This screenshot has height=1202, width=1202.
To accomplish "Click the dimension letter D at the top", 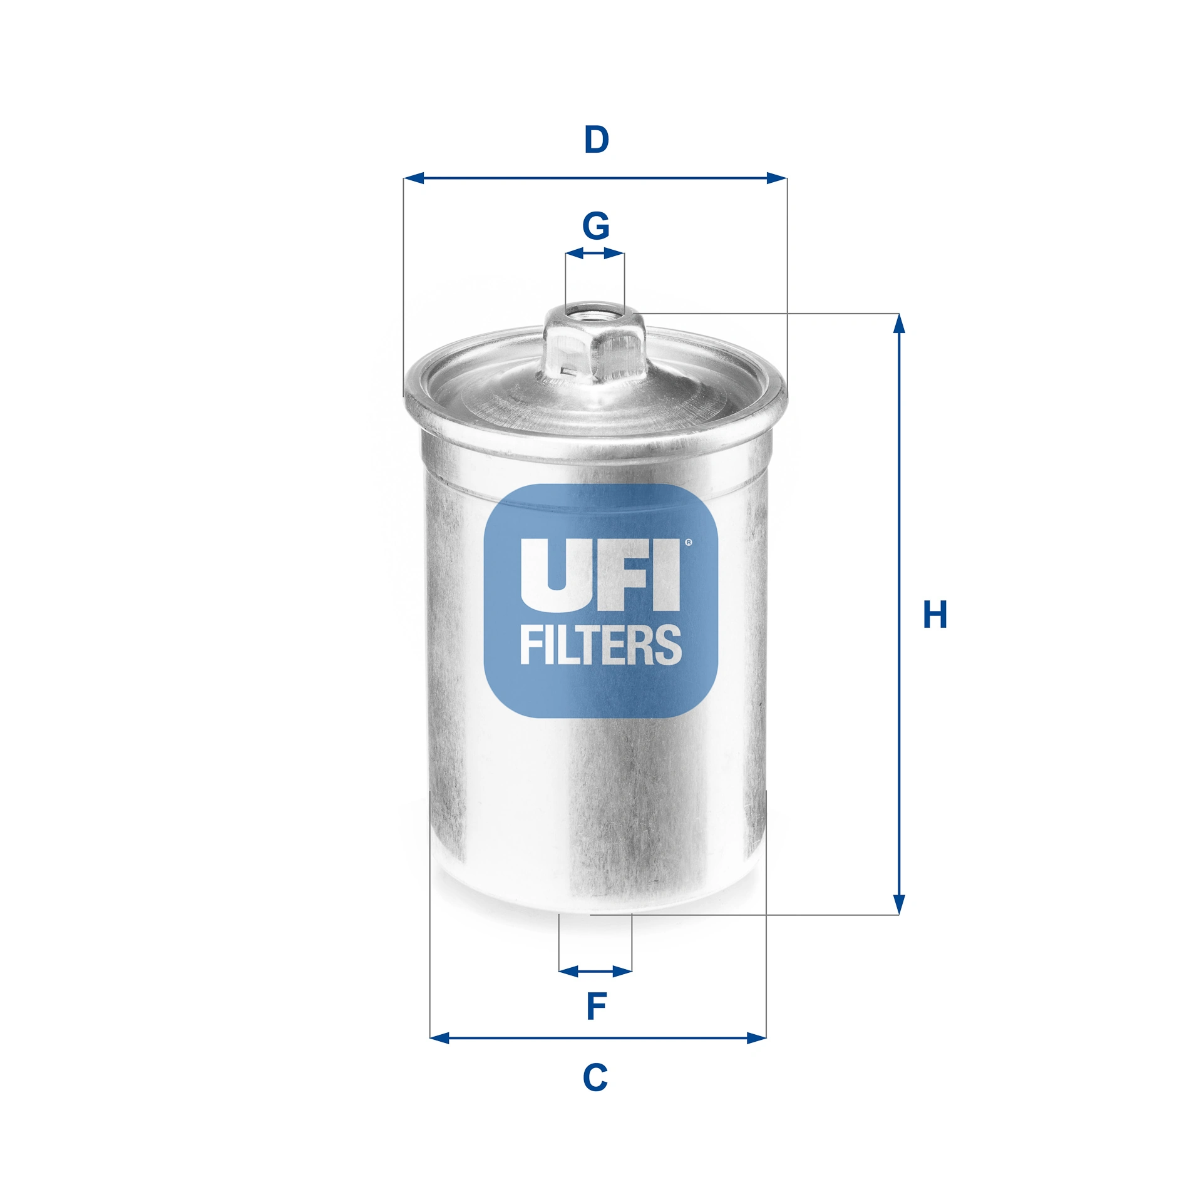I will (596, 140).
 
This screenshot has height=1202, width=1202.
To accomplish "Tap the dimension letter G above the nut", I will (595, 226).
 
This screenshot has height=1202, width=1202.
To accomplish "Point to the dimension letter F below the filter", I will (596, 1006).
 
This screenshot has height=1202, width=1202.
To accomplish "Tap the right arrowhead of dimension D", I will (776, 178).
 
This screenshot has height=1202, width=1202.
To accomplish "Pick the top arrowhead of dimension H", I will (899, 324).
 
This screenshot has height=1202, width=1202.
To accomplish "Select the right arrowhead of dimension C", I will (756, 1038).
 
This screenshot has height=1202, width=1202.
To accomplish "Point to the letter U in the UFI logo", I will (551, 575).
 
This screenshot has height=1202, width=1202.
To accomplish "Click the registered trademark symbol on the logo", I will (689, 543).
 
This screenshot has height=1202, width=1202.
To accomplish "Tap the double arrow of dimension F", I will (595, 971).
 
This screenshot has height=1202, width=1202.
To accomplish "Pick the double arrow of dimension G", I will (594, 254).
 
